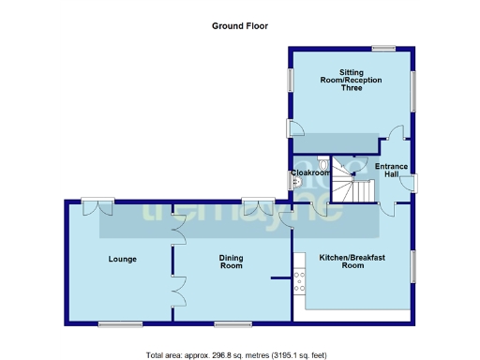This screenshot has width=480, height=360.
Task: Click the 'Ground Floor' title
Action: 240,26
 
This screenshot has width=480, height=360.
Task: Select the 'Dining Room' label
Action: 232,262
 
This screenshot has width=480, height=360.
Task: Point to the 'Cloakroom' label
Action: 309,172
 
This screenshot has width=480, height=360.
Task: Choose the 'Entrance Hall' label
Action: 391,171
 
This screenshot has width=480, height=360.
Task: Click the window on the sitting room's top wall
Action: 382,49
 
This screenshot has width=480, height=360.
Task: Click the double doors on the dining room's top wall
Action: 255,205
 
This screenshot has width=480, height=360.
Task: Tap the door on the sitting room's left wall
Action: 294,129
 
